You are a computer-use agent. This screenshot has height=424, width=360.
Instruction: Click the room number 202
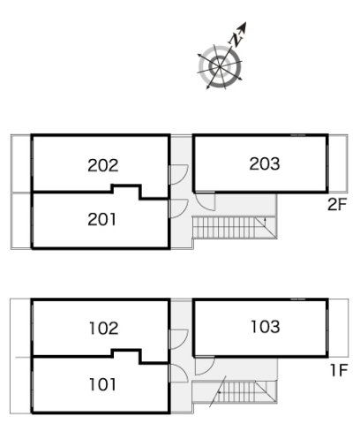click(x=103, y=165)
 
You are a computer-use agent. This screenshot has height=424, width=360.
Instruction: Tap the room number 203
click(x=265, y=163)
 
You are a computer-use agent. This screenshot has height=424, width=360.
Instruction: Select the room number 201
click(x=101, y=220)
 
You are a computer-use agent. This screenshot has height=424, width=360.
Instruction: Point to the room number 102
click(x=104, y=329)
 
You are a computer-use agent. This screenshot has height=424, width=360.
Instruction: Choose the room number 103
click(x=266, y=327)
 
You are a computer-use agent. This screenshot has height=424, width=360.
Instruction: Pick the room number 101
click(x=102, y=384)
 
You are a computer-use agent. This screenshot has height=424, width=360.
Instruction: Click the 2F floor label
click(x=337, y=205)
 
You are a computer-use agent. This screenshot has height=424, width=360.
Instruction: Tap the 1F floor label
click(x=339, y=370)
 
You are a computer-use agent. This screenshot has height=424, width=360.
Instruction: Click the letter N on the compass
click(x=236, y=40)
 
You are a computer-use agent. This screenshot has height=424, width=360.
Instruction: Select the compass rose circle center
click(x=220, y=67)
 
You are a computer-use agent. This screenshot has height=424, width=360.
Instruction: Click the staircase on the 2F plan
click(x=235, y=227)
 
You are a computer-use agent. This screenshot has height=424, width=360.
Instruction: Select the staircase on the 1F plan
click(x=235, y=391)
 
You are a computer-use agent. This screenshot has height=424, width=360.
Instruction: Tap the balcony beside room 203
click(x=338, y=163)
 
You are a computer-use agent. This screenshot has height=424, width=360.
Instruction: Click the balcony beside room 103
click(x=338, y=328)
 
